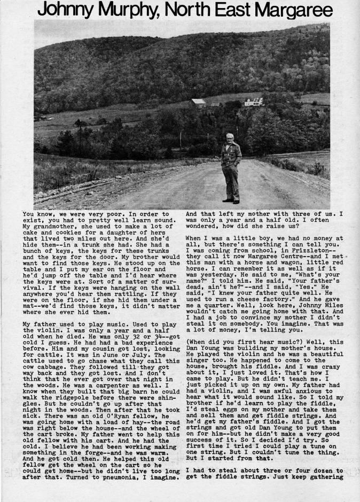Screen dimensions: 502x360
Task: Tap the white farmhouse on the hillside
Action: (253, 102)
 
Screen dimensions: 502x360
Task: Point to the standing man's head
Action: (230, 138)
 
